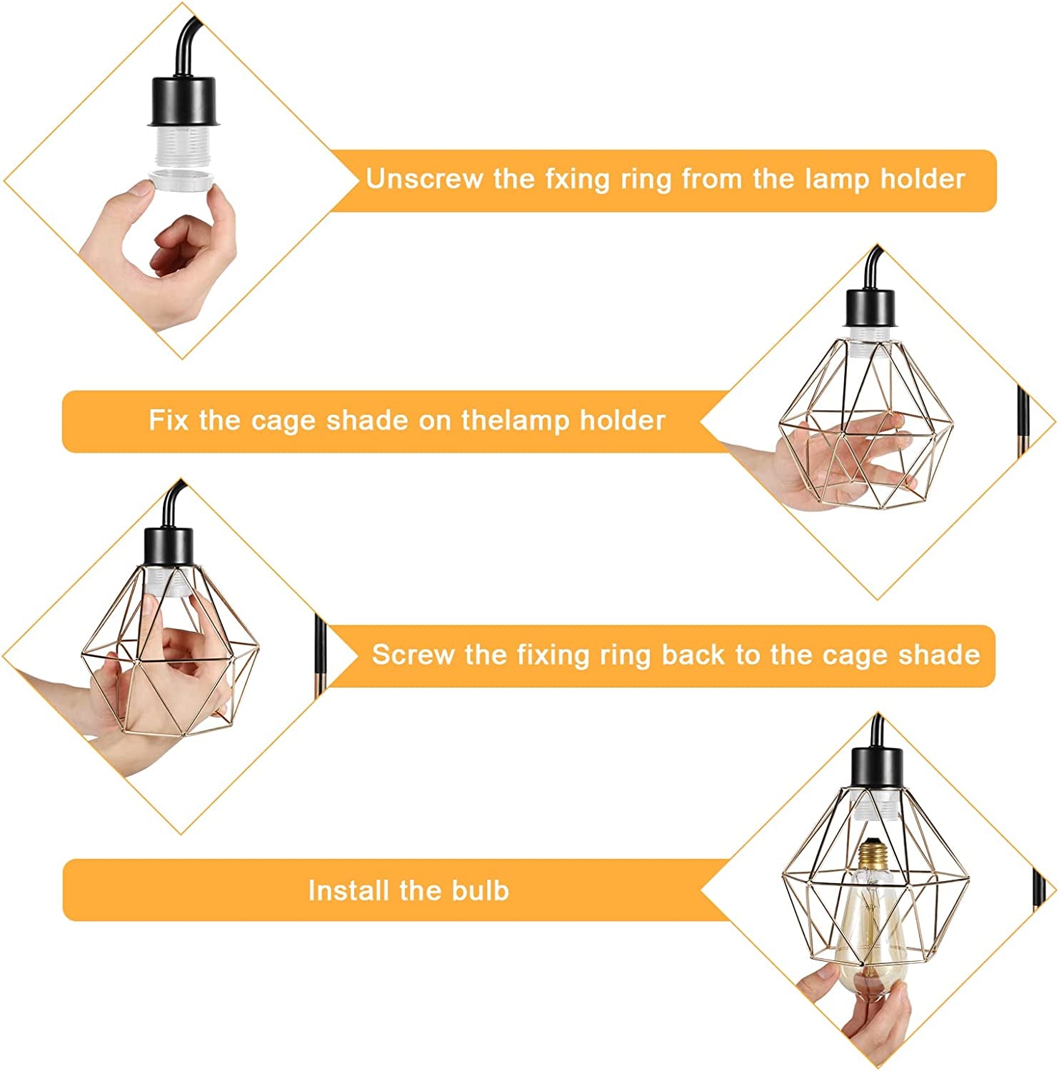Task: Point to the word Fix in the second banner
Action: click(169, 420)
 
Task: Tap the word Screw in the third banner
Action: click(413, 654)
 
